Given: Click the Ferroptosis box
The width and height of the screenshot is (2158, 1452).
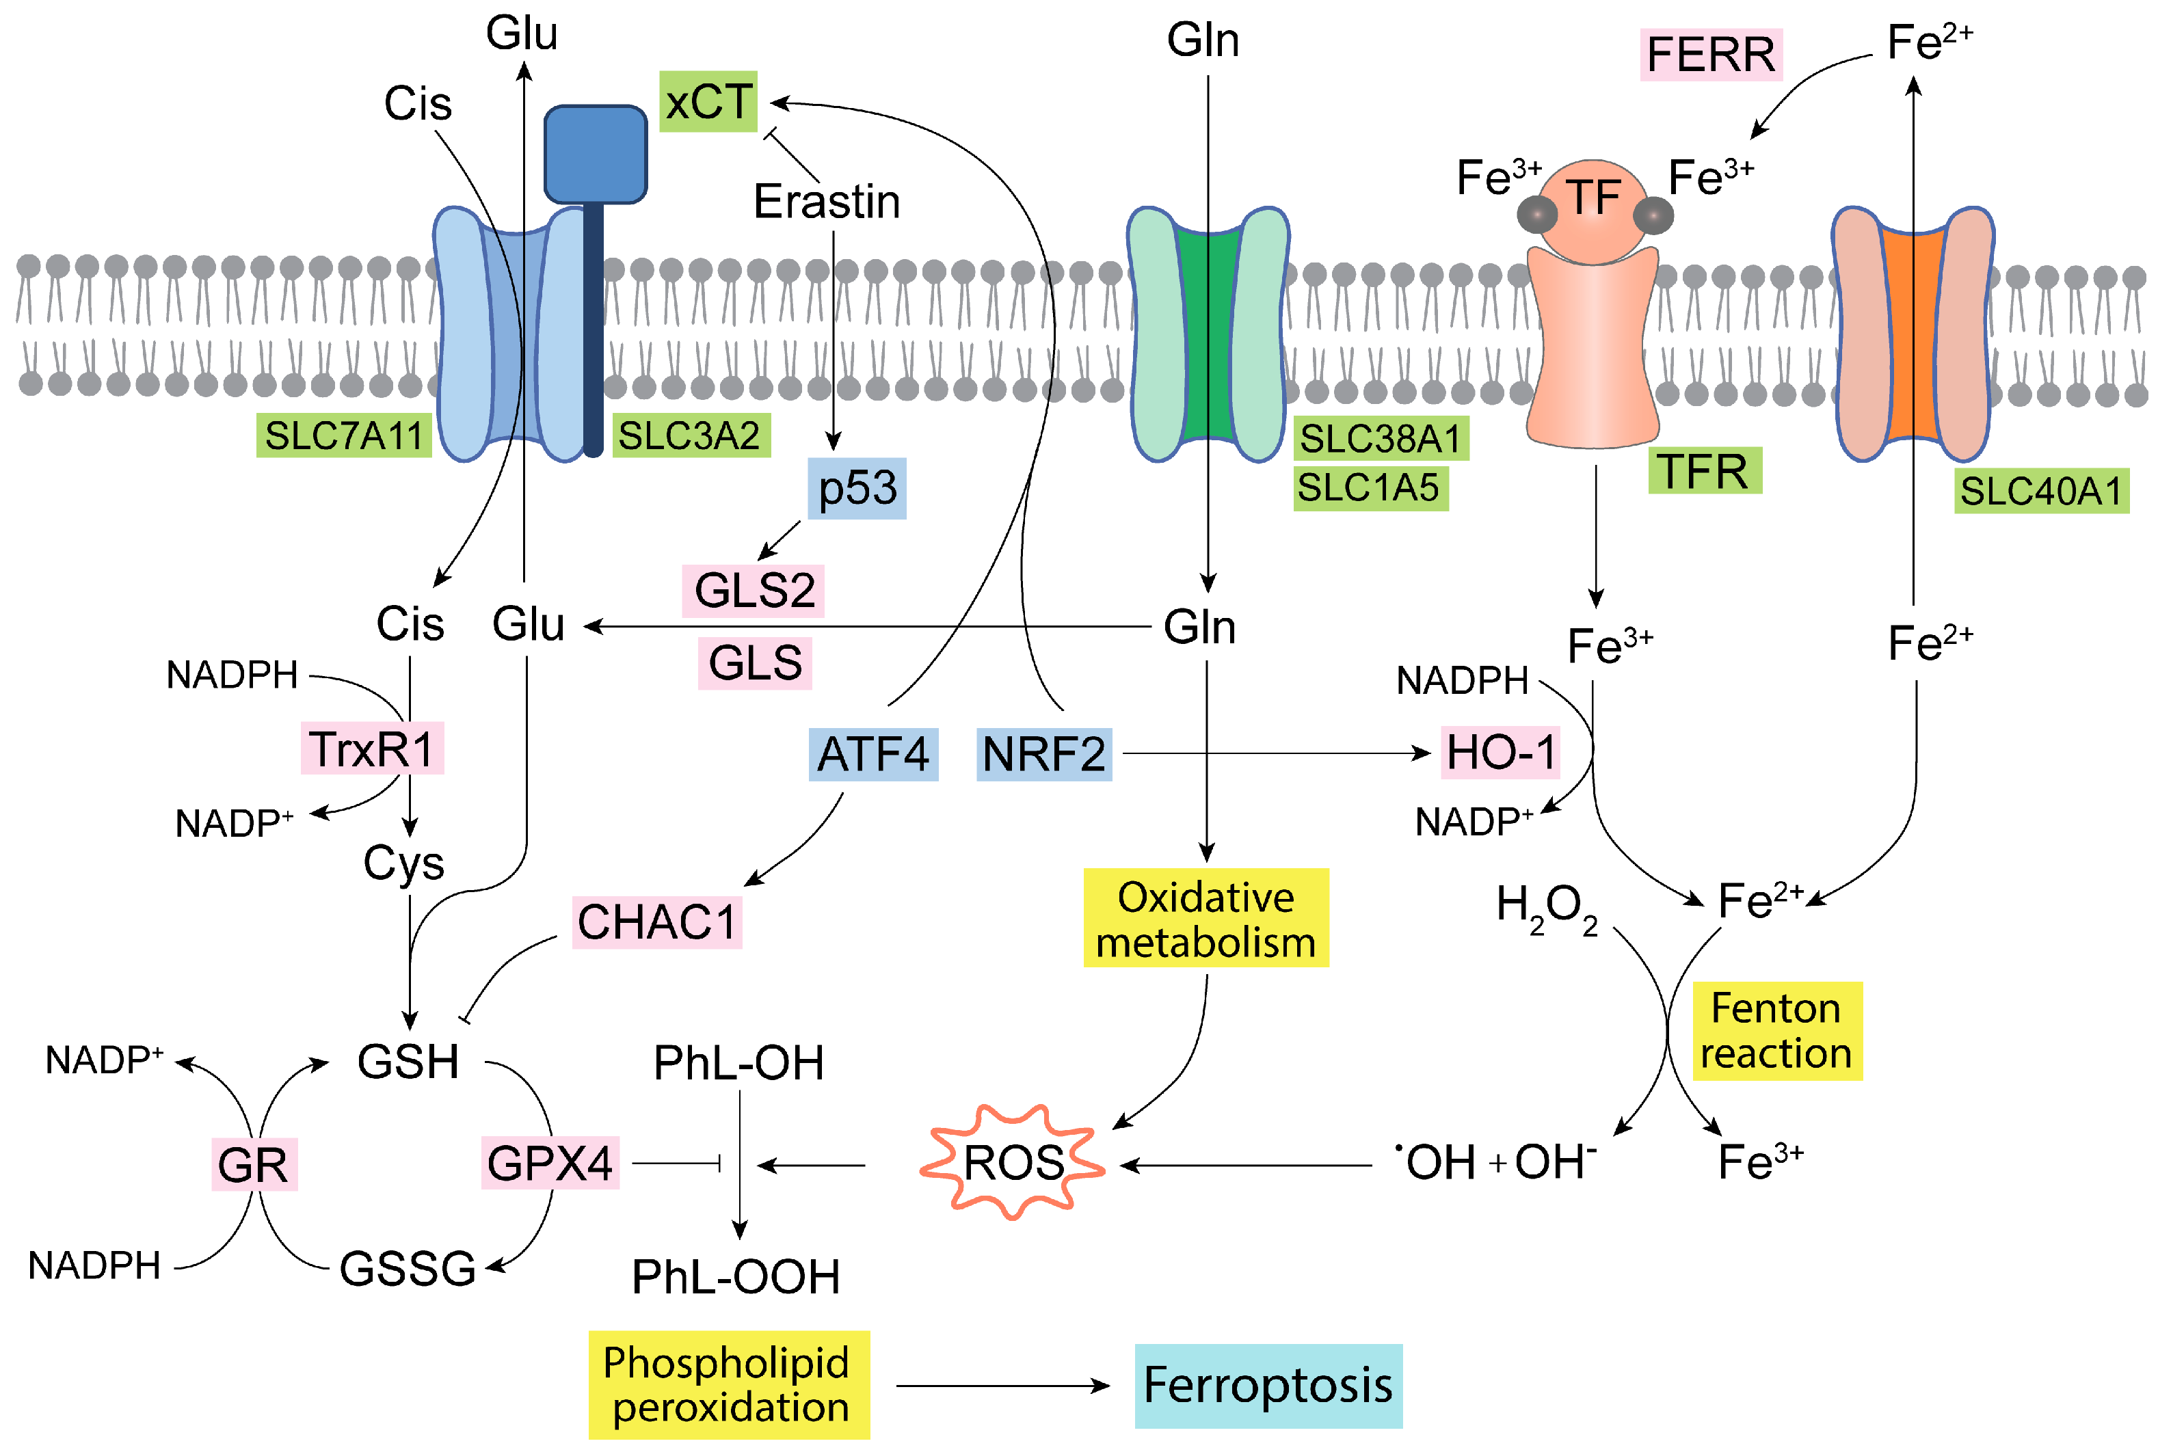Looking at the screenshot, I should coord(1267,1385).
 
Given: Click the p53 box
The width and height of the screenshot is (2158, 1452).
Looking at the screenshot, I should coord(857,488).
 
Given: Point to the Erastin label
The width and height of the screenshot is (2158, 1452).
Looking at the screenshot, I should coord(826,202).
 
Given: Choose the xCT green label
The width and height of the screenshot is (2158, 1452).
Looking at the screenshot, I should coord(708,102).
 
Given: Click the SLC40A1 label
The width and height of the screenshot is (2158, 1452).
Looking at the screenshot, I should coord(2040,491).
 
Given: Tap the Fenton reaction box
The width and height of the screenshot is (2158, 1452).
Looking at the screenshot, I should coord(1776,1031).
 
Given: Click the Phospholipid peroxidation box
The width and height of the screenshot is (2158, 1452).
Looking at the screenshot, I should coord(728,1384).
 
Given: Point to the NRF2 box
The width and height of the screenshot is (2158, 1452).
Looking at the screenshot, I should coord(1044,754).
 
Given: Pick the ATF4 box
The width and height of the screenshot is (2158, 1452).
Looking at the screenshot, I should coord(872,754).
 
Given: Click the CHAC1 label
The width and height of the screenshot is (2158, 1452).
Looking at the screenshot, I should coord(656,922).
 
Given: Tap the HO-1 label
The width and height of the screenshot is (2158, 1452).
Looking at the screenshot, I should coord(1500,752).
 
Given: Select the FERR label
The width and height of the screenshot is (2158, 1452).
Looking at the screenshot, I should coord(1711,55).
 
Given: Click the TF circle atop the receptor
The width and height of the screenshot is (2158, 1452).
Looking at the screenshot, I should coord(1593,204).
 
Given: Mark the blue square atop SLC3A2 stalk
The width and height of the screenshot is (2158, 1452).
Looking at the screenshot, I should coord(595,154).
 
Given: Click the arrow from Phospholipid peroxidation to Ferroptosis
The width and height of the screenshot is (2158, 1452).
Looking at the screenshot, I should coord(1002,1385).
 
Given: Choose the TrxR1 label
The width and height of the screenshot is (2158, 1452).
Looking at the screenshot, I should coord(371,749).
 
